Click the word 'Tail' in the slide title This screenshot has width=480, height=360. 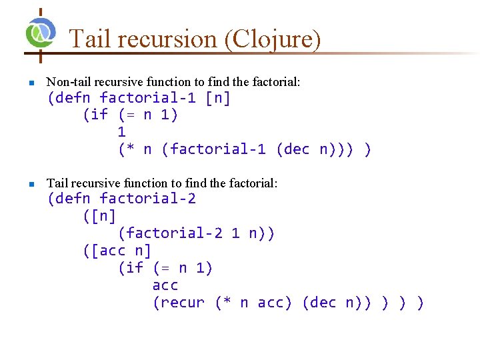pyautogui.click(x=90, y=39)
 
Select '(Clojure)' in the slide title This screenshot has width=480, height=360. pyautogui.click(x=273, y=39)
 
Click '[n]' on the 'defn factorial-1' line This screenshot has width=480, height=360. pyautogui.click(x=218, y=99)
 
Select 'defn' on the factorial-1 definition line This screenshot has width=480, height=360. pyautogui.click(x=73, y=99)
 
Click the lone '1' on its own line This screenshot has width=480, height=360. pyautogui.click(x=121, y=132)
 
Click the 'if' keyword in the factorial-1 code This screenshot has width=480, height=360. pyautogui.click(x=99, y=115)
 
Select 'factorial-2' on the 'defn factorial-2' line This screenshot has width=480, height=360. pyautogui.click(x=147, y=199)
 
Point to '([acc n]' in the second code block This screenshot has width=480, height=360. pyautogui.click(x=117, y=251)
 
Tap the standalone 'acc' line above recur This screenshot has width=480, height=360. pyautogui.click(x=165, y=285)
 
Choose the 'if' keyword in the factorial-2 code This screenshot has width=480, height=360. pyautogui.click(x=134, y=268)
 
